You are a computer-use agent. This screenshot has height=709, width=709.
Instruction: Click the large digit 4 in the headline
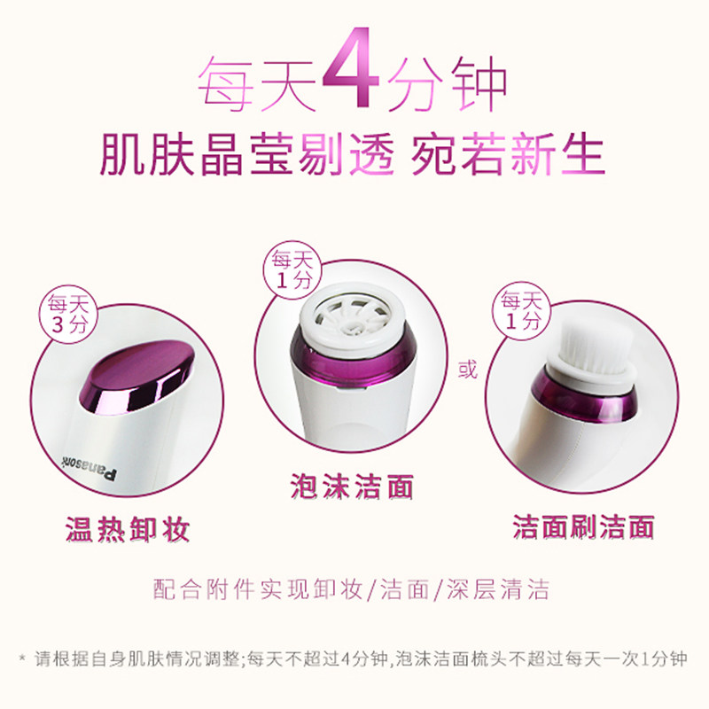tap(352, 68)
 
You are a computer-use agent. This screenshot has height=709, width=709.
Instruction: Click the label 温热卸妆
tap(127, 529)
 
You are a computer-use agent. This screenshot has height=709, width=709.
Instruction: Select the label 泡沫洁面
tap(352, 486)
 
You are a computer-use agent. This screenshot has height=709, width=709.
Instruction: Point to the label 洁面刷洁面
tap(583, 526)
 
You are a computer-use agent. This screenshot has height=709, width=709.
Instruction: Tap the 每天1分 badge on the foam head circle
tap(292, 270)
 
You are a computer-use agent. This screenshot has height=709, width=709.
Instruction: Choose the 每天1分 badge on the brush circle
tap(521, 311)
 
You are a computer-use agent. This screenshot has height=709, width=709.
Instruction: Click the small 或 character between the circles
tap(468, 370)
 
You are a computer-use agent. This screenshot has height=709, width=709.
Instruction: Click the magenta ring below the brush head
tap(583, 398)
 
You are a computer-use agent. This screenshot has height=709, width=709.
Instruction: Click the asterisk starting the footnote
tap(22, 657)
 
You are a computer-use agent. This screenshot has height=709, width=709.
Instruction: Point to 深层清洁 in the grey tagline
tap(498, 589)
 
